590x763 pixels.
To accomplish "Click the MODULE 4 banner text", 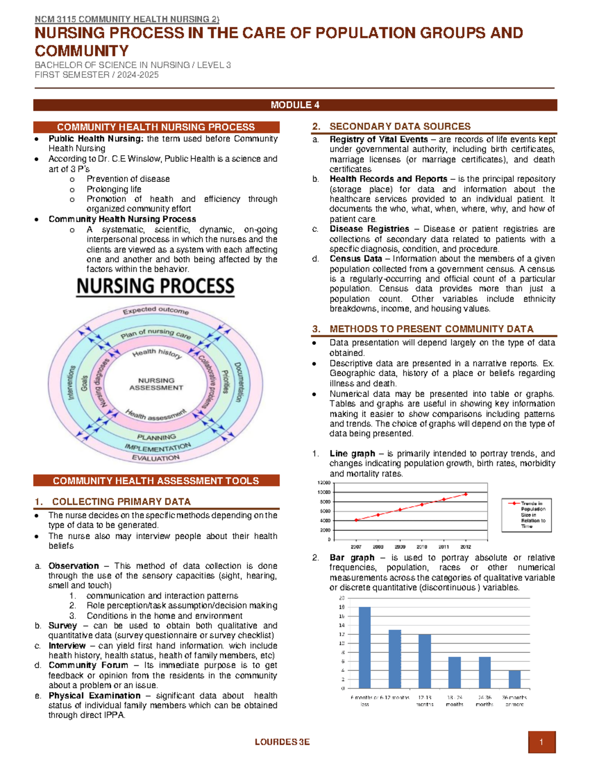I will point(295,105).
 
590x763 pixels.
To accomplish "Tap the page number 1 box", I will point(541,742).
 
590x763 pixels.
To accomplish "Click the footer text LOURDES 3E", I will point(282,742).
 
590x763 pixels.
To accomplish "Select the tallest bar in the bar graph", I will point(364,647).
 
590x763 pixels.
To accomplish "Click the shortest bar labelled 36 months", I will point(514,679).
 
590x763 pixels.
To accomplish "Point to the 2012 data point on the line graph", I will point(466,494).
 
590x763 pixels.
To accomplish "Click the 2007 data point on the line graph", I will point(356,520).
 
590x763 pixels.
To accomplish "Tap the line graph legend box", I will point(526,515).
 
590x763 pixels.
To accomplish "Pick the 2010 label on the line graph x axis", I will point(421,547).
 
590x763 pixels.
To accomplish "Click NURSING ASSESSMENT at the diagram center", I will point(156,384).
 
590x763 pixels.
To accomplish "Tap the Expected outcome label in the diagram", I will point(155,310).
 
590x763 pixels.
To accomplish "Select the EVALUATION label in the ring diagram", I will point(155,458).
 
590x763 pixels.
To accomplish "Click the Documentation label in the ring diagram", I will point(238,382).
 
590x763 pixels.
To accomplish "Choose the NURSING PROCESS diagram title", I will point(155,286).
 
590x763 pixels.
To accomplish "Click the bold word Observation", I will point(73,565).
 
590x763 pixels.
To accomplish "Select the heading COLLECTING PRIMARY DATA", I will point(121,502).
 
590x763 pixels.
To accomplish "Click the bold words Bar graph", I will point(352,557).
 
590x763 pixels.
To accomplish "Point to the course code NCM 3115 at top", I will point(56,19).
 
